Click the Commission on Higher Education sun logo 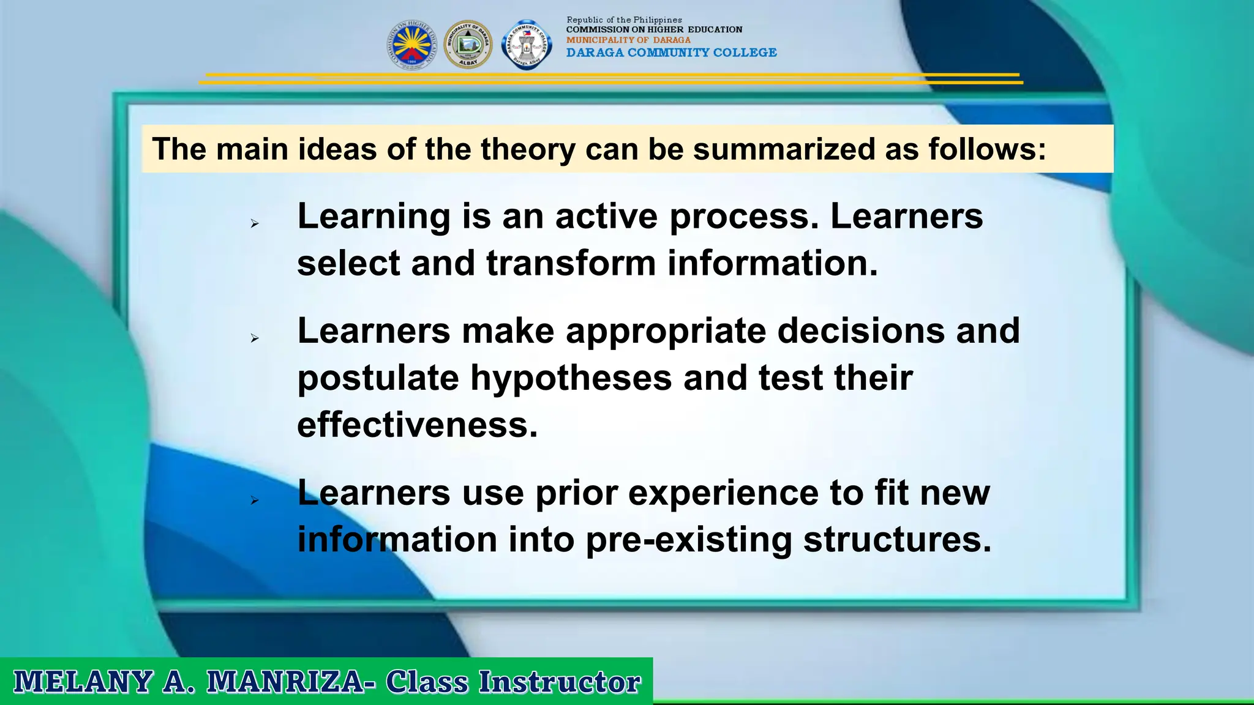pos(411,45)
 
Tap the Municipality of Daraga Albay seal pos(468,45)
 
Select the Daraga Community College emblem pos(527,45)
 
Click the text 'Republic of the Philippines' pos(624,20)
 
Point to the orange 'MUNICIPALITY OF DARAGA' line pos(628,40)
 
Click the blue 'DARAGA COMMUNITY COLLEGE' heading pos(671,53)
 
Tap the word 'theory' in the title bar pos(528,149)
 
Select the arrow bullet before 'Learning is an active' pos(255,224)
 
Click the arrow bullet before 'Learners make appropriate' pos(255,338)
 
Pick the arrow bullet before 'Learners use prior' pos(255,501)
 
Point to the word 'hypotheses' pos(571,378)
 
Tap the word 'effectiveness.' pos(417,425)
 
